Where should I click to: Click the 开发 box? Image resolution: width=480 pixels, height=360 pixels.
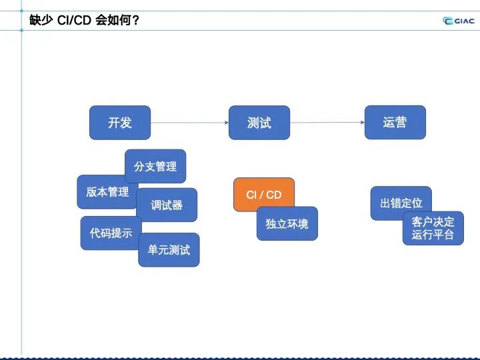120,123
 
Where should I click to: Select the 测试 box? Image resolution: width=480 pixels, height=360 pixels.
259,123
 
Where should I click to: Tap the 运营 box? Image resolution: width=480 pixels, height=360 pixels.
395,123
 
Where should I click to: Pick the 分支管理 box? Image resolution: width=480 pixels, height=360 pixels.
155,166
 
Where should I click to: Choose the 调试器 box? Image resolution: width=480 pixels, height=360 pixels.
167,205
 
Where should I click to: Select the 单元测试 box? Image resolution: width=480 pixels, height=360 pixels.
169,250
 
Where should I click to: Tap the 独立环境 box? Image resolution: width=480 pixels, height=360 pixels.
287,224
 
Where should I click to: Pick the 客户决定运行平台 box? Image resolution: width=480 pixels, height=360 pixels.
433,229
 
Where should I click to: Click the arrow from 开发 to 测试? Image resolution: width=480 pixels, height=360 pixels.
189,123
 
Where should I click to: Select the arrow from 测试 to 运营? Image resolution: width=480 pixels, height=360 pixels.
327,123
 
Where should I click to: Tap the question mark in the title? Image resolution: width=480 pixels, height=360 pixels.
136,20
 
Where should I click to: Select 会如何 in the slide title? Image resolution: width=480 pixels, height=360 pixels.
113,20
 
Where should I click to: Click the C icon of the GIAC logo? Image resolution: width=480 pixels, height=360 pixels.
447,20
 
